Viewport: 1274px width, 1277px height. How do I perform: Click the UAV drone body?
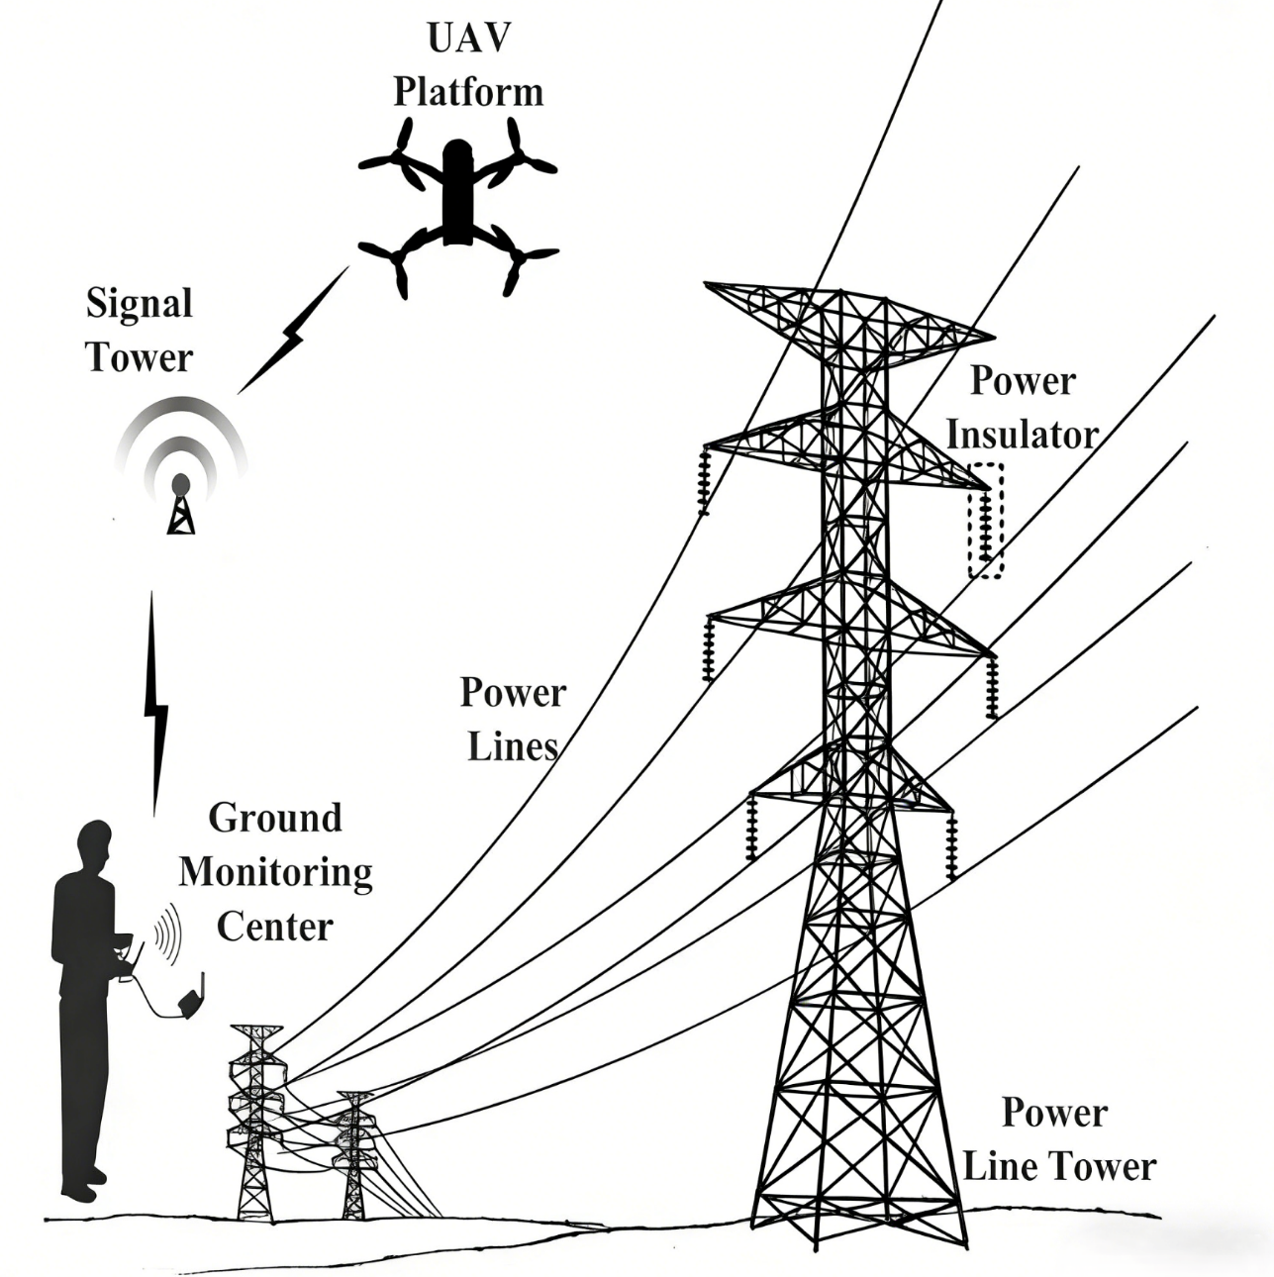tap(456, 193)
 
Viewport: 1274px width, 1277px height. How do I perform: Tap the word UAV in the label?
tap(468, 38)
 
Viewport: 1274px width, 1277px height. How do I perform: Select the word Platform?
tap(468, 91)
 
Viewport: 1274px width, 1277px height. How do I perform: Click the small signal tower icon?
tap(180, 505)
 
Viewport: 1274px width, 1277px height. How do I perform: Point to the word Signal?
tap(139, 303)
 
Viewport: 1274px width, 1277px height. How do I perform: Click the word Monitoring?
tap(275, 872)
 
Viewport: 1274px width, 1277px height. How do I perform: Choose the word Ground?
tap(275, 818)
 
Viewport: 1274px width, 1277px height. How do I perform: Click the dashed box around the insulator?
tap(986, 521)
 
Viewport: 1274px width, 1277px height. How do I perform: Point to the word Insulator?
tap(1022, 435)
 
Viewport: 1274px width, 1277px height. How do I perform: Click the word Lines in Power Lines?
tap(512, 746)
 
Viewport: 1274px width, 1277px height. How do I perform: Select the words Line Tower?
tap(1059, 1166)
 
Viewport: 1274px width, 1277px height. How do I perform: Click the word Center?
tap(275, 927)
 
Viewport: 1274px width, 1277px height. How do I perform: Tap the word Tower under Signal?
tap(139, 356)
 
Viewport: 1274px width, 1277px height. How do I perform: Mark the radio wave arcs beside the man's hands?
tap(166, 933)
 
